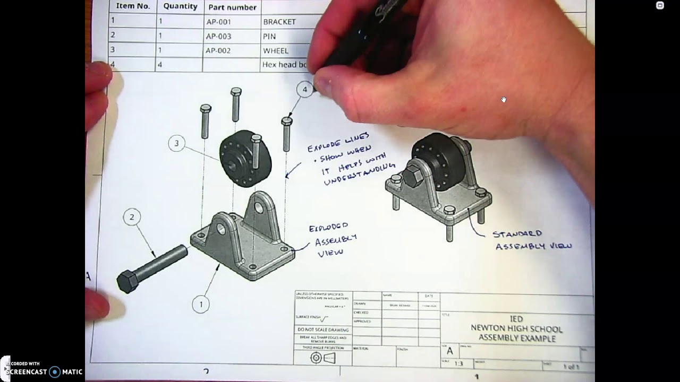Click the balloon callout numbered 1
point(201,305)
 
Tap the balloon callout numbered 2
point(132,216)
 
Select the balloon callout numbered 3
point(176,143)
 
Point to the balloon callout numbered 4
point(304,89)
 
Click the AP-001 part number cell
point(218,22)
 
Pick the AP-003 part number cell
point(218,37)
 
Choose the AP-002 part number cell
point(218,51)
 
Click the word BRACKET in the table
point(279,22)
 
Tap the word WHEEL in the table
point(276,51)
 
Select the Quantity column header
point(180,7)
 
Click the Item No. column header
point(133,6)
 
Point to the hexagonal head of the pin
point(127,281)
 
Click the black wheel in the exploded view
point(245,158)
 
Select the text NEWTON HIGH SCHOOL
point(516,329)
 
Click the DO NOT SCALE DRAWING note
point(323,330)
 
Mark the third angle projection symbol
point(322,358)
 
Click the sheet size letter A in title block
point(450,351)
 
